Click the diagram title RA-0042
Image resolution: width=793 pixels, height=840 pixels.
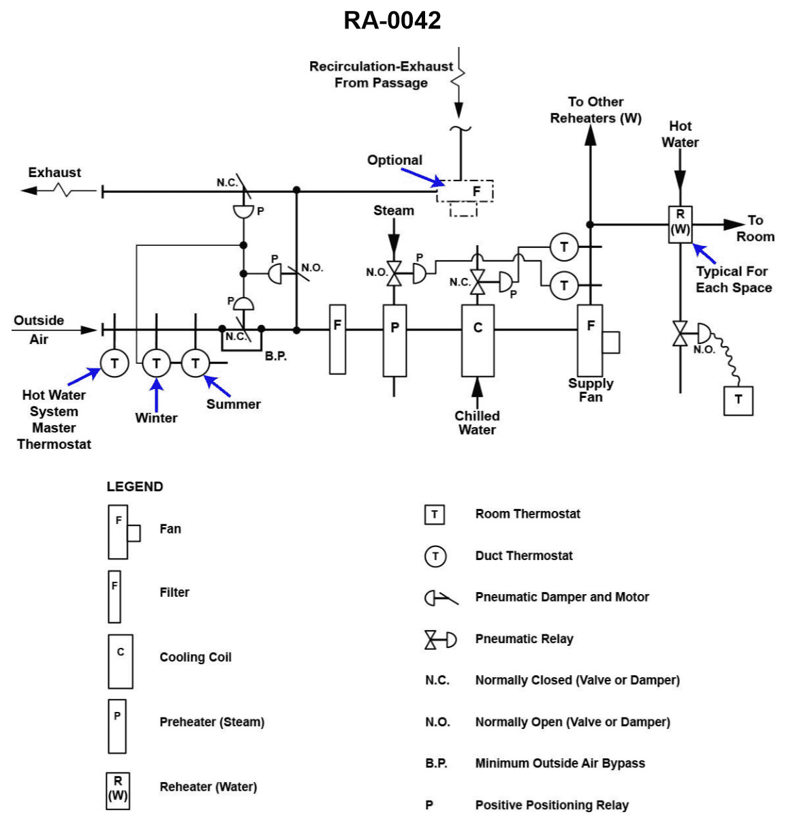(392, 20)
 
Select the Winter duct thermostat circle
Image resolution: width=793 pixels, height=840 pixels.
(156, 363)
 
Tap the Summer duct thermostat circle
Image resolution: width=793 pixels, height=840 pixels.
(196, 363)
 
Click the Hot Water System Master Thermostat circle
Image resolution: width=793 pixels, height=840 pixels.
(114, 363)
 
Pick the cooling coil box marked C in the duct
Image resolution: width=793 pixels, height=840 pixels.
(478, 340)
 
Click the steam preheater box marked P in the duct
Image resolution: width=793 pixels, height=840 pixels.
(394, 340)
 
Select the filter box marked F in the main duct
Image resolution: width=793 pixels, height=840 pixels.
(337, 339)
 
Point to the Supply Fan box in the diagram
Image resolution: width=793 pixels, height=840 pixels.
(590, 340)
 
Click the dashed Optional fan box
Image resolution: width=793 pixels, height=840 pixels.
(465, 191)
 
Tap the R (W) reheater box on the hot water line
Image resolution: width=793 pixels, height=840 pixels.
(680, 224)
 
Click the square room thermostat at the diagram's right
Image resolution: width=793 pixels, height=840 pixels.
(738, 400)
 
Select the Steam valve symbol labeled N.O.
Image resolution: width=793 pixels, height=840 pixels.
(394, 274)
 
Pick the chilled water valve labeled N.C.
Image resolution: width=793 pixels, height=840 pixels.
(478, 281)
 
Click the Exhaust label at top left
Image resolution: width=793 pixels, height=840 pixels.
(55, 172)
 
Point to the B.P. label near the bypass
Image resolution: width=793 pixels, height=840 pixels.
(275, 356)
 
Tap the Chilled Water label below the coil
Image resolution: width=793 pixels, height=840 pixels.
(477, 422)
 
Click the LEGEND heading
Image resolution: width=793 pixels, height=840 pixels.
(135, 486)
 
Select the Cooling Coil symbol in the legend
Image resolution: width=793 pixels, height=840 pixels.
(121, 661)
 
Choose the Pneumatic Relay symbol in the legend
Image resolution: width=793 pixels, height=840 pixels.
(440, 640)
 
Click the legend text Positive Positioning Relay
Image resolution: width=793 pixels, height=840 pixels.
(551, 805)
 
